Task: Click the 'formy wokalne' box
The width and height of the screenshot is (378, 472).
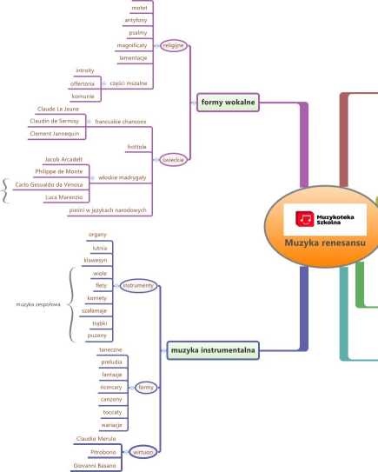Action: coord(228,103)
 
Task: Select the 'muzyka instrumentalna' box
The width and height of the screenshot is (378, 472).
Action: coord(213,350)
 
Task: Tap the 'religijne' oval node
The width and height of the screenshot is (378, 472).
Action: coord(173,45)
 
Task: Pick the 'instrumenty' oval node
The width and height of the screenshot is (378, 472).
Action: coord(138,285)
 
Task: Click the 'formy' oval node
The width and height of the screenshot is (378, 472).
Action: coord(146,388)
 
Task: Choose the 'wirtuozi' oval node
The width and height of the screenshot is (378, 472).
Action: coord(143,452)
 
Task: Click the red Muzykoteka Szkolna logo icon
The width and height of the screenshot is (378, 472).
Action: coord(304,218)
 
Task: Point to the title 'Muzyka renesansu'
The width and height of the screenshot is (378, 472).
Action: coord(325,243)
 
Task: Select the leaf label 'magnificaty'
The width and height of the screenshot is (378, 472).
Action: coord(132,45)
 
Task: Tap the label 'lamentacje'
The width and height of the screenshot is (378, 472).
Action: coord(133,57)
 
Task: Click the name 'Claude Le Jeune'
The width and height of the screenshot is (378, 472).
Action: coord(57,109)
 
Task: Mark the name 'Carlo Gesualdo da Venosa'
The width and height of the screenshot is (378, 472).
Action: coord(49,184)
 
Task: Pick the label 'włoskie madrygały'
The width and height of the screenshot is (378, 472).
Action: coord(123,177)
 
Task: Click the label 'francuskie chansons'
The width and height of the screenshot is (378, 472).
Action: coord(121,122)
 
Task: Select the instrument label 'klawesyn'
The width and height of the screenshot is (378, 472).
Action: coord(96,261)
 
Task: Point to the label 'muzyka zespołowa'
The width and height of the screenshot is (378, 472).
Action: coord(38,304)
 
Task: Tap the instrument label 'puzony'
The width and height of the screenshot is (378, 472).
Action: coord(97,336)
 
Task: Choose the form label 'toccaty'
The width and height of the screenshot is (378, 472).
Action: coord(112,412)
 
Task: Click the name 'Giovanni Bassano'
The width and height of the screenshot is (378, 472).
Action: coord(95,466)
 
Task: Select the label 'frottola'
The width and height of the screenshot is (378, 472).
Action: coord(136,147)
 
